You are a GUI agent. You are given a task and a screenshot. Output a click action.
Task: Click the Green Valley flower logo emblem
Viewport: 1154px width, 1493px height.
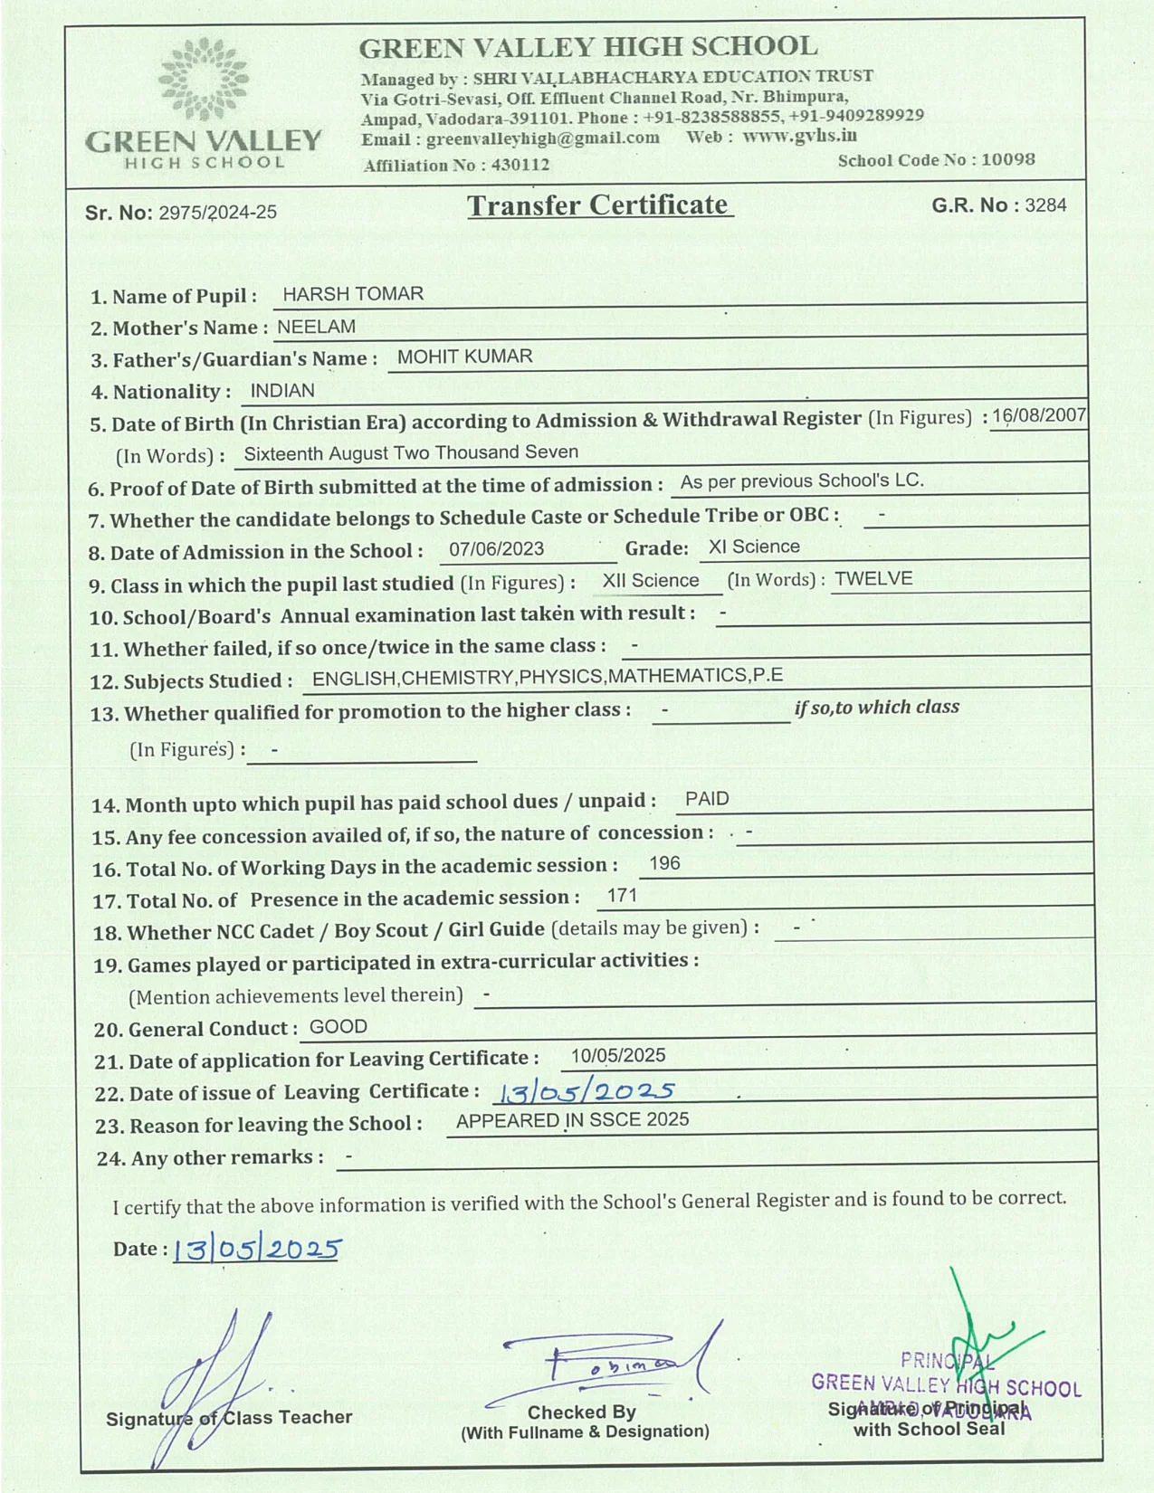(x=204, y=81)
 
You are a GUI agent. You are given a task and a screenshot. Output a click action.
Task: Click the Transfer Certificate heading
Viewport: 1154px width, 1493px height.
(x=598, y=205)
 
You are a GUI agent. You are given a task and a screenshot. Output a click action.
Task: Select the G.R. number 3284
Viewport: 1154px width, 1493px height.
(x=1045, y=205)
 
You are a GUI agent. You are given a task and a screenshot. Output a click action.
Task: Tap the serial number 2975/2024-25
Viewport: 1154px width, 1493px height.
(x=217, y=213)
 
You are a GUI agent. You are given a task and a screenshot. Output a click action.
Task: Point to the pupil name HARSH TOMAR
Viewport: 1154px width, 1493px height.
(x=353, y=294)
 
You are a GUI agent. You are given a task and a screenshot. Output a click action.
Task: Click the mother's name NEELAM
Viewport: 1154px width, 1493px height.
(x=316, y=327)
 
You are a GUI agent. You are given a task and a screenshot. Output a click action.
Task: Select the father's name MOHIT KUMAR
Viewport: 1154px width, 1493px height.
(x=464, y=357)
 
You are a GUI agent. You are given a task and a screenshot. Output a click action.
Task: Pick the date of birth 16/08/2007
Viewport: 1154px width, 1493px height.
(x=1038, y=416)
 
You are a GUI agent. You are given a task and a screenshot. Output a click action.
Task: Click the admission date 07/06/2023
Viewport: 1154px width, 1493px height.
(x=496, y=548)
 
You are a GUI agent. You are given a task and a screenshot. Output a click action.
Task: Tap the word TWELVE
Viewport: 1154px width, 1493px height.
(x=873, y=579)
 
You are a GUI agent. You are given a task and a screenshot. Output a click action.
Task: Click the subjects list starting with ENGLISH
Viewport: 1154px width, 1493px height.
(x=547, y=677)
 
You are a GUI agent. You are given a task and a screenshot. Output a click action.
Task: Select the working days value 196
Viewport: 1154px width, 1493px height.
(x=664, y=863)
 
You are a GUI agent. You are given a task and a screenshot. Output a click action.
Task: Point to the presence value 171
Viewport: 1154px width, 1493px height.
(x=622, y=896)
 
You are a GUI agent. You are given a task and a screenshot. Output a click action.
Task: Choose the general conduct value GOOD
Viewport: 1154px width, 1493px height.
(x=338, y=1027)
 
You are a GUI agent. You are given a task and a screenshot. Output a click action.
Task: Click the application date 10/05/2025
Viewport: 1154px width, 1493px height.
(x=617, y=1056)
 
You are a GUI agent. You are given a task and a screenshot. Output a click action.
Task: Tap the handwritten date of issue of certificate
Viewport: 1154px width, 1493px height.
(x=585, y=1091)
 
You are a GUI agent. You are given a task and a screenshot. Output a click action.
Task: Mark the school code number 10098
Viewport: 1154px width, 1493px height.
(x=1007, y=159)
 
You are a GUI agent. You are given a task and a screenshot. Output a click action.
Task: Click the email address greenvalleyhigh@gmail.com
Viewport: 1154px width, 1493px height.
(x=542, y=138)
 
